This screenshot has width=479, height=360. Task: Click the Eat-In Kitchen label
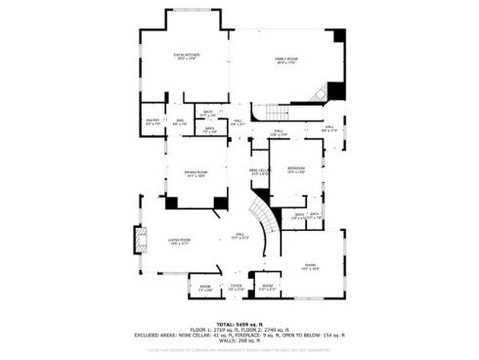tap(186, 57)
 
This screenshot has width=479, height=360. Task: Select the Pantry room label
tap(152, 123)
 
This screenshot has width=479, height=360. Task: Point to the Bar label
tap(179, 123)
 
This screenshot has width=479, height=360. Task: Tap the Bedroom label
tap(296, 171)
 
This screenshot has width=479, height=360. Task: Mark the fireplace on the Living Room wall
tap(139, 241)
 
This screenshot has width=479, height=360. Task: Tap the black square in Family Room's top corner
tap(339, 36)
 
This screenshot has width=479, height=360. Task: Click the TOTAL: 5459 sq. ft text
tap(239, 324)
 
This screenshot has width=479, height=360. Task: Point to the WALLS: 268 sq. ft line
tap(239, 341)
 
